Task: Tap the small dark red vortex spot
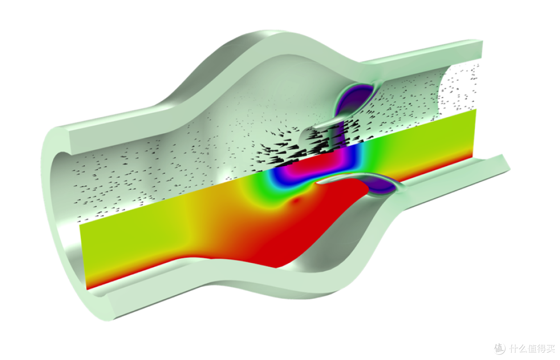295,202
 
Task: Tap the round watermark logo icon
499,348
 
